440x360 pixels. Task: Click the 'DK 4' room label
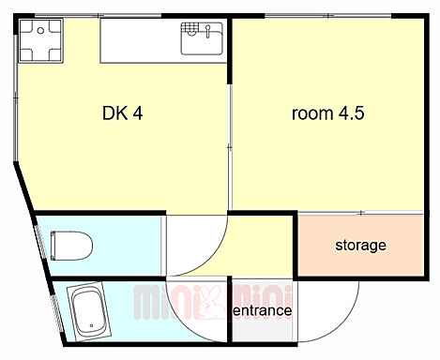coord(123,113)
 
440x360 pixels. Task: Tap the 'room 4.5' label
coord(327,113)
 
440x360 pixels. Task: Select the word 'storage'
coord(360,246)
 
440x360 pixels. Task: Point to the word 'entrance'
coord(263,310)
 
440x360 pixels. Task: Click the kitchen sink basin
coord(202,39)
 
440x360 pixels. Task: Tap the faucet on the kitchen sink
coord(207,32)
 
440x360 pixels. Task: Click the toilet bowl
coord(74,246)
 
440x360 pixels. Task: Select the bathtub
coord(89,312)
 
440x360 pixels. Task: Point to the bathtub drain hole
coord(91,325)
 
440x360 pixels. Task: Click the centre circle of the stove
coord(40,31)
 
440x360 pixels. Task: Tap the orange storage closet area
coord(360,246)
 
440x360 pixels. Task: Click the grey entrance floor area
coord(263,310)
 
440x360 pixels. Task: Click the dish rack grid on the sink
coord(190,27)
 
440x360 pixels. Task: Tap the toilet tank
coord(53,246)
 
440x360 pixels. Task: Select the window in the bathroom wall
coord(57,313)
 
